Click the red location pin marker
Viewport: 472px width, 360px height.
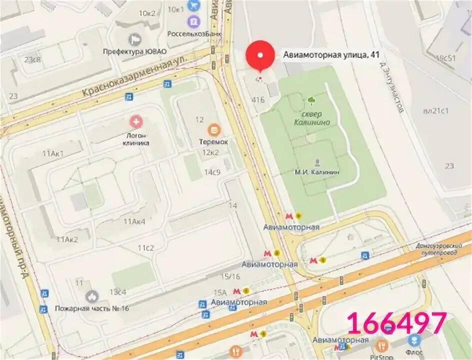(x=260, y=55)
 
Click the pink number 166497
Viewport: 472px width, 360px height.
(x=396, y=322)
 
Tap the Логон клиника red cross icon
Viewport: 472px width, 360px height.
(x=135, y=121)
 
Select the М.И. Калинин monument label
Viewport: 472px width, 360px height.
(x=316, y=171)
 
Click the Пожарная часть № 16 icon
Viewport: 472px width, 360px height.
(x=91, y=296)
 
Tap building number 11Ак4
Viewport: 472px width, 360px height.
(x=134, y=221)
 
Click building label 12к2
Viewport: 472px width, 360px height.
(x=210, y=152)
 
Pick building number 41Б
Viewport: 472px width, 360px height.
(x=258, y=99)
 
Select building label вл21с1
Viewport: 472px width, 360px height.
(x=436, y=110)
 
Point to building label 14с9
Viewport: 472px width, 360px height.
(x=212, y=172)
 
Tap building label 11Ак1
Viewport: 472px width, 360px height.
(x=53, y=153)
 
